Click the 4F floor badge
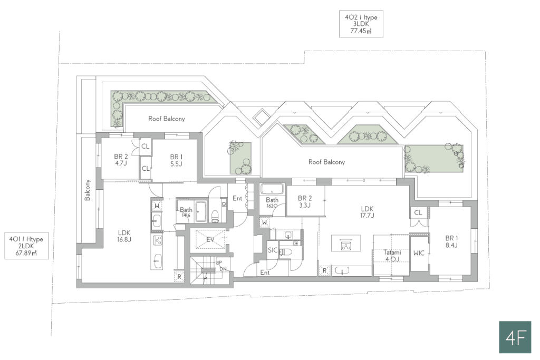pos(515,337)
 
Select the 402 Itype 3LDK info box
pos(361,24)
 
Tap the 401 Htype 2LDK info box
pos(26,246)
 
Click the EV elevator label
pos(210,239)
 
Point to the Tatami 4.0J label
pos(392,256)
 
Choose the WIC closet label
pos(419,253)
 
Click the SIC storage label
pos(273,250)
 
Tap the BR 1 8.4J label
pos(451,241)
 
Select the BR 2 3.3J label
pos(305,202)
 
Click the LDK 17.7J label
pos(367,212)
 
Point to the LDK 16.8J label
pos(124,236)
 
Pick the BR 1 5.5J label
pos(176,161)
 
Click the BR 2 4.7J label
pos(121,160)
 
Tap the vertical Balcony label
pos(88,190)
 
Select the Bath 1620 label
pos(272,202)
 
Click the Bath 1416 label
pos(186,212)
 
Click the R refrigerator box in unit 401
pos(179,276)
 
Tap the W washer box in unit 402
pos(264,222)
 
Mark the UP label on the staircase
pos(219,263)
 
